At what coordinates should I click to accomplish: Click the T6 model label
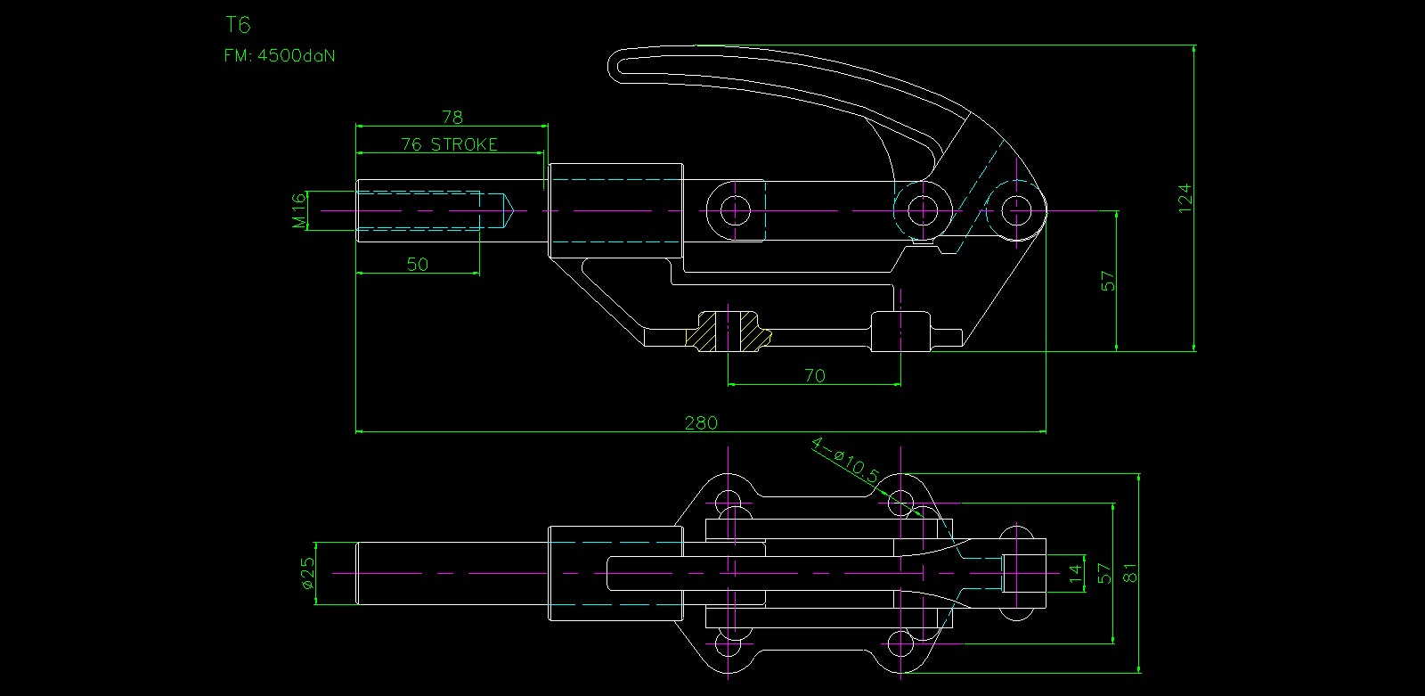click(239, 25)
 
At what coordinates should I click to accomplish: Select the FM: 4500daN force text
click(280, 55)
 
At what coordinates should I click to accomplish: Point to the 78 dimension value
click(452, 117)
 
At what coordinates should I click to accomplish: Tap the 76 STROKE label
click(449, 144)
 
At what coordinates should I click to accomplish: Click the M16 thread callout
click(299, 210)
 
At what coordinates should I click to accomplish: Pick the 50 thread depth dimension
click(417, 264)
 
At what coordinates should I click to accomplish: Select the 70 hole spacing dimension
click(814, 375)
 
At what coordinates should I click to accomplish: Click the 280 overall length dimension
click(701, 422)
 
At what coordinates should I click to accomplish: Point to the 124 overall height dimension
click(1185, 197)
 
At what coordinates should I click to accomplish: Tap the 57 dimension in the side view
click(1108, 281)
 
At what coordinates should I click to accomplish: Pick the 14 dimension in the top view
click(1076, 573)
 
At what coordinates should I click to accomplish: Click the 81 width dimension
click(1130, 573)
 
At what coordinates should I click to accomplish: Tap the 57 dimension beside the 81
click(1103, 573)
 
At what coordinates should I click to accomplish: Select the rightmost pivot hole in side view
click(1015, 210)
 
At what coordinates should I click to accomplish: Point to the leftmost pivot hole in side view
click(735, 210)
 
